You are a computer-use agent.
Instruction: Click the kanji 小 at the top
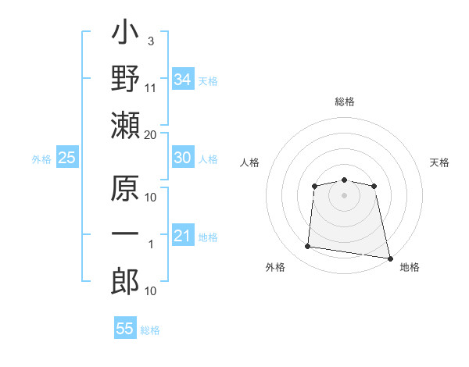(125, 32)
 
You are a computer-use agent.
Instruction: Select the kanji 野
(125, 78)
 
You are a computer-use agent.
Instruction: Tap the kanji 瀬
(125, 125)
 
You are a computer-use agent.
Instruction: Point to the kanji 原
(125, 188)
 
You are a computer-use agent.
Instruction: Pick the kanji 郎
(125, 282)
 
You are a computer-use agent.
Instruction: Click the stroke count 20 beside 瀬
(150, 135)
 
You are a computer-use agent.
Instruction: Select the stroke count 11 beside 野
(150, 88)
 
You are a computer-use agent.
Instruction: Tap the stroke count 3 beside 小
(151, 41)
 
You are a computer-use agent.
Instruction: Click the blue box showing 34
(183, 79)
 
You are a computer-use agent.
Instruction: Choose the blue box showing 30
(183, 157)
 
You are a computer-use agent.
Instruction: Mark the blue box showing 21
(183, 234)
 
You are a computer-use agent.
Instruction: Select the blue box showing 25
(67, 157)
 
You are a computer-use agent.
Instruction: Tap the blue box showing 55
(125, 327)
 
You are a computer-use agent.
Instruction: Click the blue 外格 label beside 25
(41, 159)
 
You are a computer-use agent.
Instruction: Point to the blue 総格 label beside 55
(150, 330)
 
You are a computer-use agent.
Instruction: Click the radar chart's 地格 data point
(390, 258)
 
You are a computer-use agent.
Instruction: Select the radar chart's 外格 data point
(307, 246)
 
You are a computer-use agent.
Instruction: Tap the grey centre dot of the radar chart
(344, 195)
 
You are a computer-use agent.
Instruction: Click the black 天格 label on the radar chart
(439, 162)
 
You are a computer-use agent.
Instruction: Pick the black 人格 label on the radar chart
(249, 162)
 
